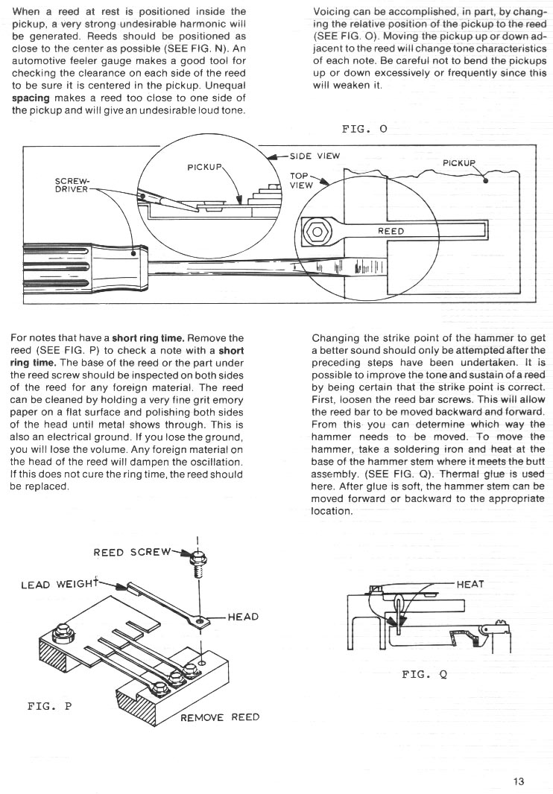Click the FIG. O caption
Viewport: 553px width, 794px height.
[x=364, y=129]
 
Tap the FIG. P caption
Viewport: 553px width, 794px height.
[x=50, y=705]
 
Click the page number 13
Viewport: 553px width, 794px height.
[x=518, y=781]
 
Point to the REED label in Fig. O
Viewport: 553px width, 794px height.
[x=391, y=232]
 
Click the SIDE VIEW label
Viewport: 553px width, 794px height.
[x=315, y=156]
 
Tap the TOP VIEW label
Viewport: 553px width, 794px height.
[x=300, y=180]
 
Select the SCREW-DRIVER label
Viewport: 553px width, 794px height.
[x=72, y=185]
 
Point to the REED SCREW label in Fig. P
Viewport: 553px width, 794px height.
[x=132, y=553]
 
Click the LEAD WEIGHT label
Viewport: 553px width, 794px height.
[x=59, y=585]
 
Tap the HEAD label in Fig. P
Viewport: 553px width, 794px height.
[x=243, y=616]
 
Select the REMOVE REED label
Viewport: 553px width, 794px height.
[x=220, y=717]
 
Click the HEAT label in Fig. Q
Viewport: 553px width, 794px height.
[x=470, y=584]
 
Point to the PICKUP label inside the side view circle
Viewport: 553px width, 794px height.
[x=205, y=167]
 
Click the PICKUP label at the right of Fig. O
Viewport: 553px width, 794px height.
[x=459, y=162]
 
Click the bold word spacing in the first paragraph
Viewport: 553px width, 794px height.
[x=31, y=98]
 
